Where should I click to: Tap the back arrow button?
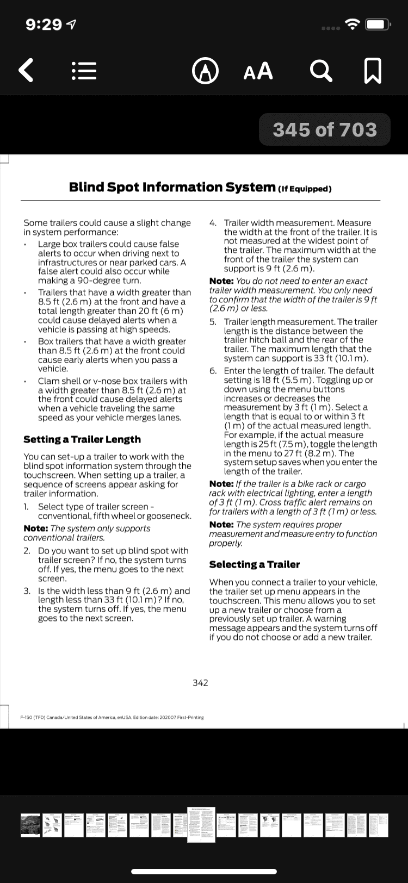pos(26,71)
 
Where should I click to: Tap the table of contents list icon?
pos(84,71)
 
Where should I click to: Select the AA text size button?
pos(258,71)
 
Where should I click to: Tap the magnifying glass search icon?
pos(321,71)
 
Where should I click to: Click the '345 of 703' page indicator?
pos(325,130)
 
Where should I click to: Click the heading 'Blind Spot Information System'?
pos(172,188)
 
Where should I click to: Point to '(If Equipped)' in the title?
pos(305,189)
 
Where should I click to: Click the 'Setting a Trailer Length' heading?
pos(82,439)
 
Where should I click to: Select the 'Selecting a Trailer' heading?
pos(254,564)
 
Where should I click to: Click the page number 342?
pos(200,683)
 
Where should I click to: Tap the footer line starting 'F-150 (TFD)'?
pos(112,717)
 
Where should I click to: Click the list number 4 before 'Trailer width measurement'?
pos(213,223)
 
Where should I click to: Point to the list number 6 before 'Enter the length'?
pos(213,371)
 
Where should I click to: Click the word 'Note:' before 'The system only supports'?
pos(36,528)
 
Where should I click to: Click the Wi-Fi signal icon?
pos(354,24)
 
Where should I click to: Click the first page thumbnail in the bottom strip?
pos(30,825)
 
